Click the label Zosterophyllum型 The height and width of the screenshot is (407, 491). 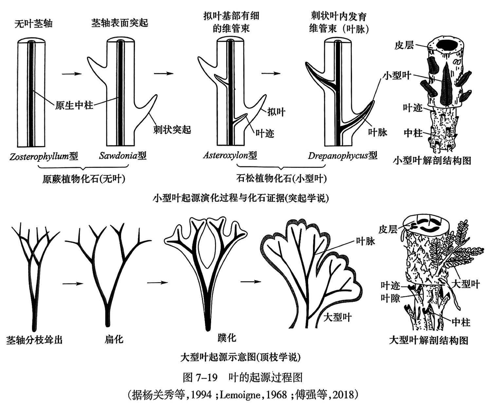coord(44,156)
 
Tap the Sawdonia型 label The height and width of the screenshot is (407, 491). coord(123,156)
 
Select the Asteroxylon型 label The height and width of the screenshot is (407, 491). coord(230,155)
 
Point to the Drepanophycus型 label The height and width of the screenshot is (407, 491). coord(342,156)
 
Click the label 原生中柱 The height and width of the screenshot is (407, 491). coord(74,105)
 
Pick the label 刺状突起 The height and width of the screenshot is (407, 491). coord(172,130)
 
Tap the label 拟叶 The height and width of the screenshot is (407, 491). coord(276,112)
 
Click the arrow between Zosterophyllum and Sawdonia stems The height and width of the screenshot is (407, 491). coord(72,74)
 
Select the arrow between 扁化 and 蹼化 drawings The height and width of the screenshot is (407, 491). coord(157,282)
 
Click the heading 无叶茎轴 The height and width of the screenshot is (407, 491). coord(33,24)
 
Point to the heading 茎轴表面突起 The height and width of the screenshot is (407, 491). coord(119,23)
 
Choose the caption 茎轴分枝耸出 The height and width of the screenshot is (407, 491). coord(34,340)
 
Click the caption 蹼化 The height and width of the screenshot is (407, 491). coord(227,338)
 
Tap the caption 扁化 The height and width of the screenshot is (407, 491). coord(114,339)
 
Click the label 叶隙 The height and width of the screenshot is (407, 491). coord(390,298)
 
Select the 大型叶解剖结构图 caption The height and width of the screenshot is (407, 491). coord(428,340)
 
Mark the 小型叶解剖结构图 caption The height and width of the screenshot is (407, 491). coord(432,161)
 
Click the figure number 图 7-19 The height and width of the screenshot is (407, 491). coord(200,378)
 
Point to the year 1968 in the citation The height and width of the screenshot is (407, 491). coord(277,395)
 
